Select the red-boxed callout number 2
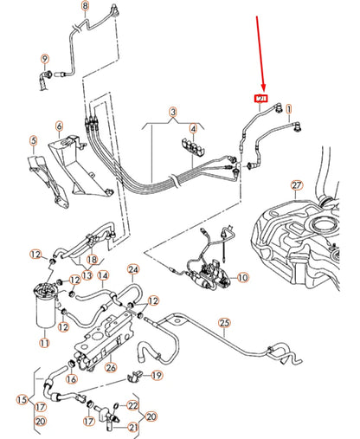[260, 100]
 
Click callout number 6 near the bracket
[59, 126]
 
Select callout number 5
[33, 140]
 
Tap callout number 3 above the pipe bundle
[172, 113]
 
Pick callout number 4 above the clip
[194, 130]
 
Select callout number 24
[133, 269]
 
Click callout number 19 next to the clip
[157, 375]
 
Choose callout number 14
[102, 277]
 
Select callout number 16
[71, 378]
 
